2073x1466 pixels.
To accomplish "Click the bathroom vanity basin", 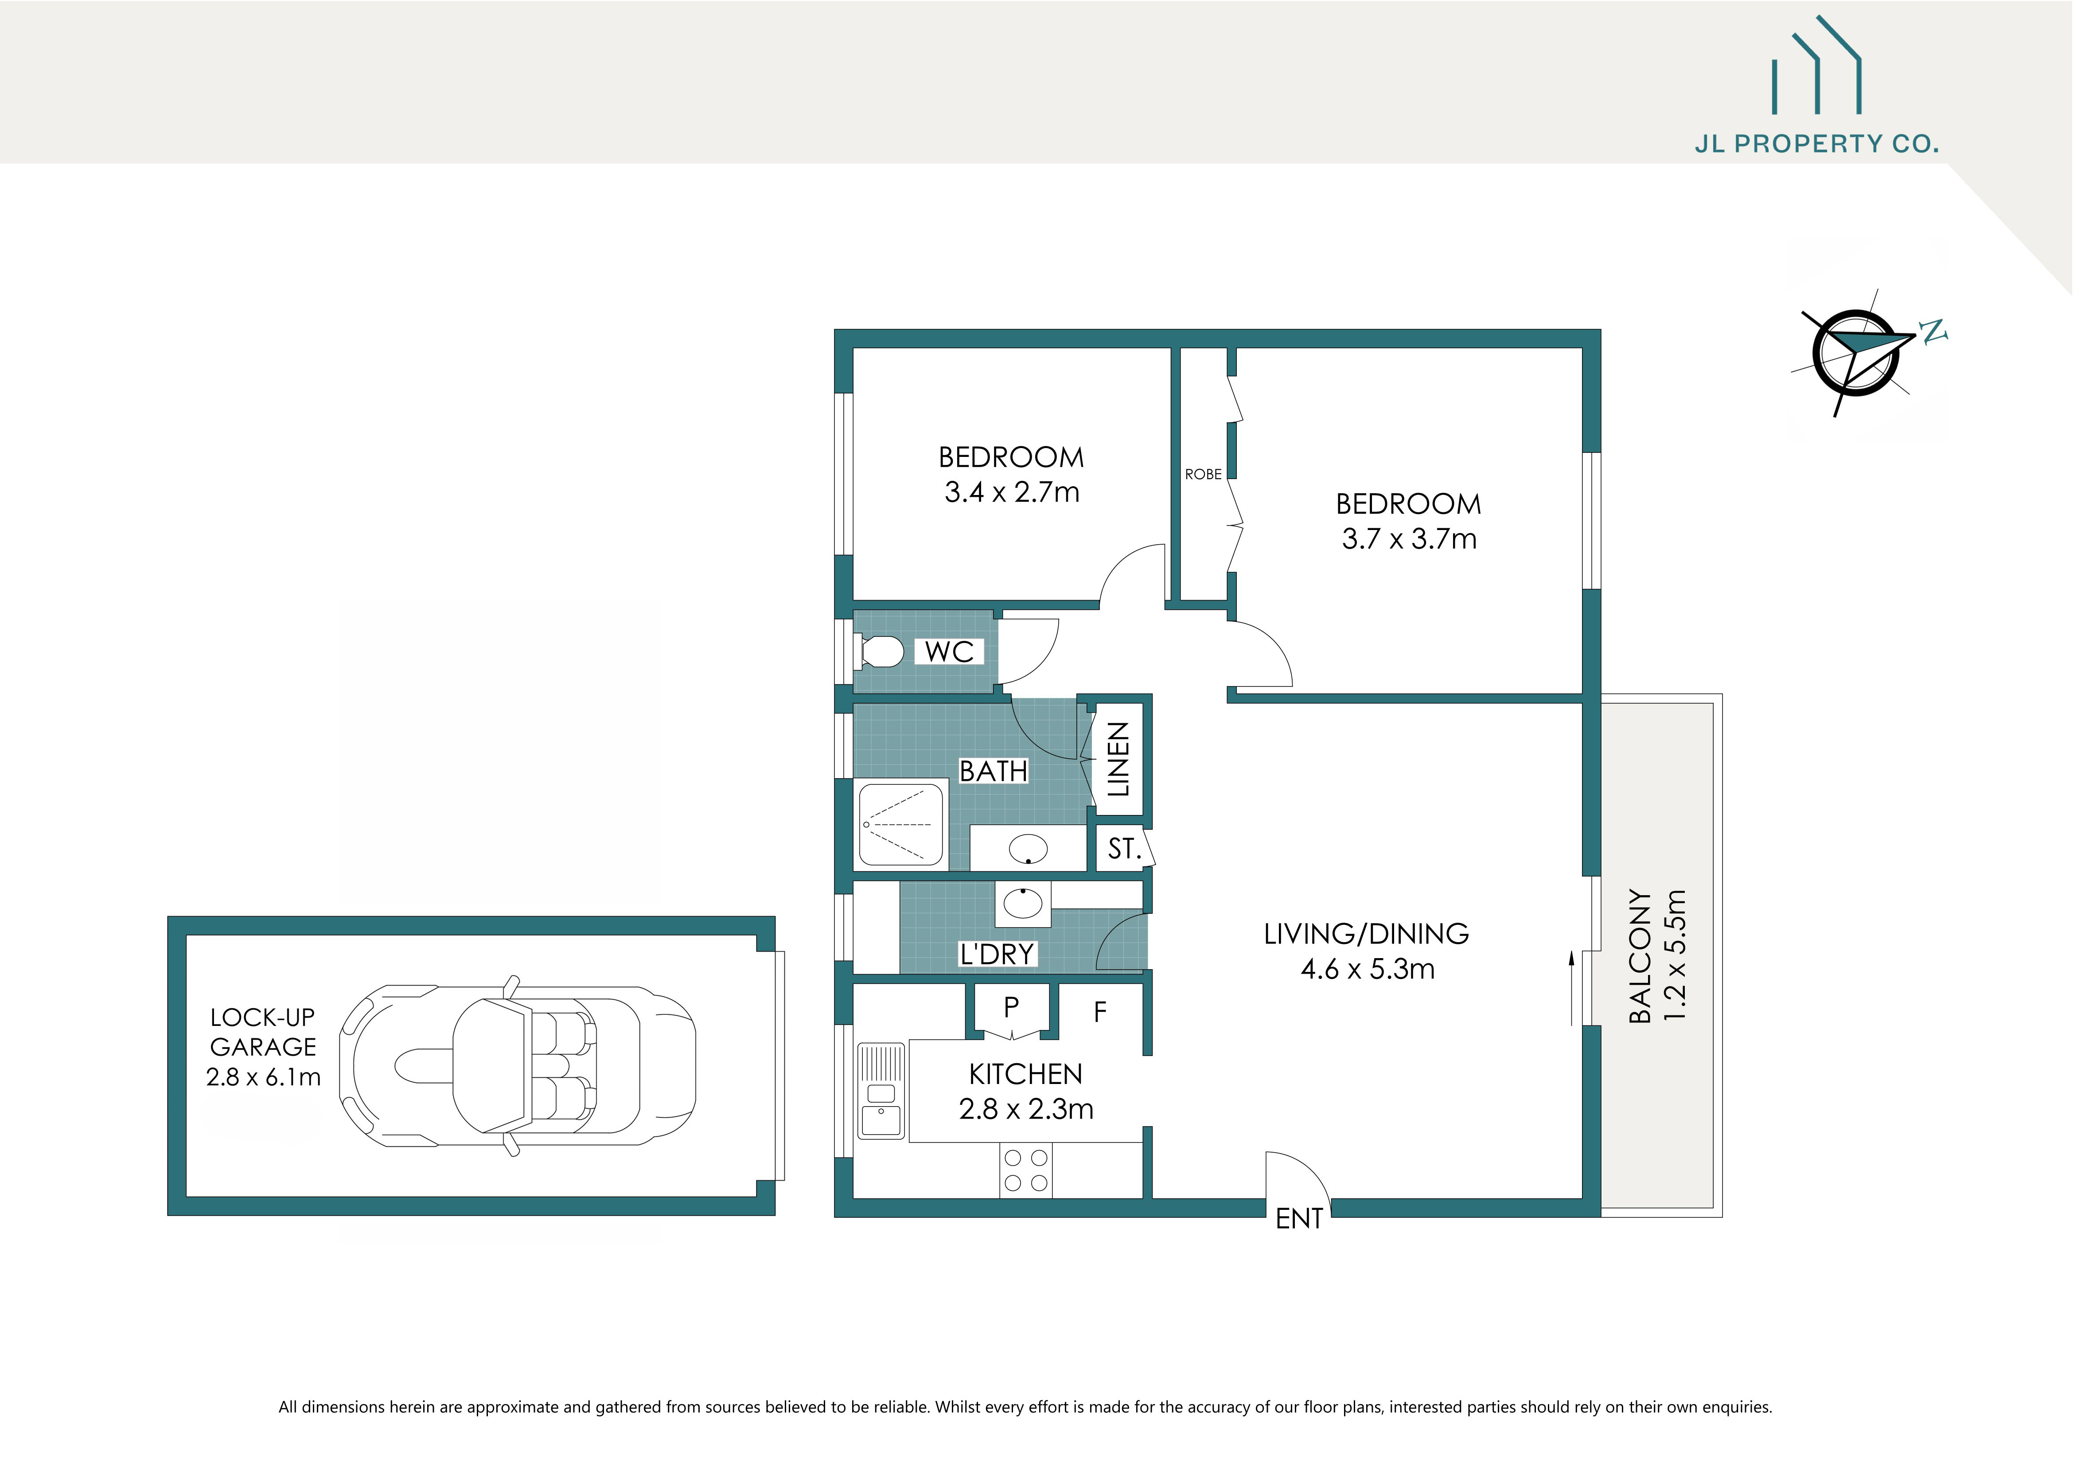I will pos(1028,849).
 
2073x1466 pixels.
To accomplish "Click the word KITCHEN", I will pos(1026,1074).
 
